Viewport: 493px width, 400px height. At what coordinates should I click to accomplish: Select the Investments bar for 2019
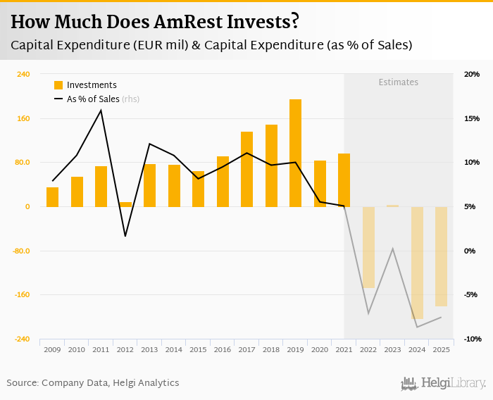(x=296, y=153)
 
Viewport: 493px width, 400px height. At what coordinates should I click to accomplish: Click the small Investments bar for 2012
(x=125, y=204)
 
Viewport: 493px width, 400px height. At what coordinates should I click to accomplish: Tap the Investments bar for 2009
(x=52, y=197)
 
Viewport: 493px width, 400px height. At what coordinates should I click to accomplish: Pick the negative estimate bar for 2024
(x=418, y=263)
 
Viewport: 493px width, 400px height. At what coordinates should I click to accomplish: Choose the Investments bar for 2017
(x=246, y=169)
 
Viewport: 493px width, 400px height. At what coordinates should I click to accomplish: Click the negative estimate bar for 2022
(x=368, y=247)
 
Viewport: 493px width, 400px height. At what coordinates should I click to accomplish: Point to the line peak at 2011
(x=101, y=110)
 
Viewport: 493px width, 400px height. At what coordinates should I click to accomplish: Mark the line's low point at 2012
(x=125, y=236)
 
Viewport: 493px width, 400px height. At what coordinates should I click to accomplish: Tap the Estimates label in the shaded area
(x=398, y=82)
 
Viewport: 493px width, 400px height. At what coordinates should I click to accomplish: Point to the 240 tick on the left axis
(x=23, y=74)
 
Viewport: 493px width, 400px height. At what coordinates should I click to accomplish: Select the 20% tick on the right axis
(x=471, y=74)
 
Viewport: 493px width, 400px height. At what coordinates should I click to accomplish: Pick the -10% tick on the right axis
(x=471, y=339)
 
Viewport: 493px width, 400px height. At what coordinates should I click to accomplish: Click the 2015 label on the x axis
(x=198, y=349)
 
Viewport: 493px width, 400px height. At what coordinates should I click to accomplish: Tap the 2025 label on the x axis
(x=441, y=349)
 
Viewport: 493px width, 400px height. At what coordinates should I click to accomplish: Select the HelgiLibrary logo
(x=443, y=383)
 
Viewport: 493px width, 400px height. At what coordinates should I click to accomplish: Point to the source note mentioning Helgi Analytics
(x=93, y=383)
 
